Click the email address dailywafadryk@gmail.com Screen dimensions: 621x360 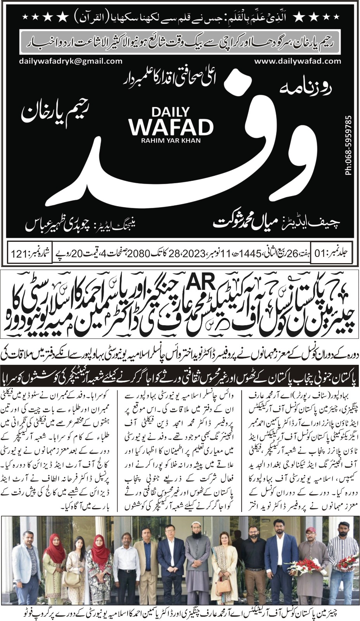point(71,61)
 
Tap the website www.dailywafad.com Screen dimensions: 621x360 point(298,61)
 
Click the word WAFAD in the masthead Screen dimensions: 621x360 point(171,126)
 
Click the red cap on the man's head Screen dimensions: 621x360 point(310,530)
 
